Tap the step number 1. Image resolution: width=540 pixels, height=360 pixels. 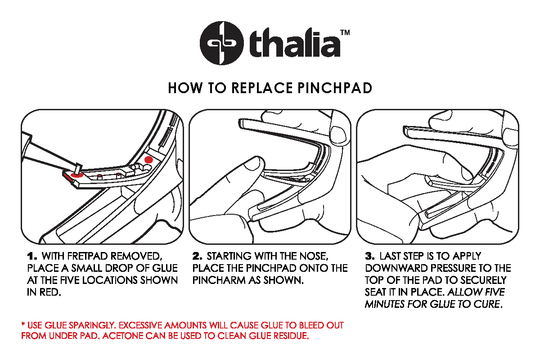[31, 257]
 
